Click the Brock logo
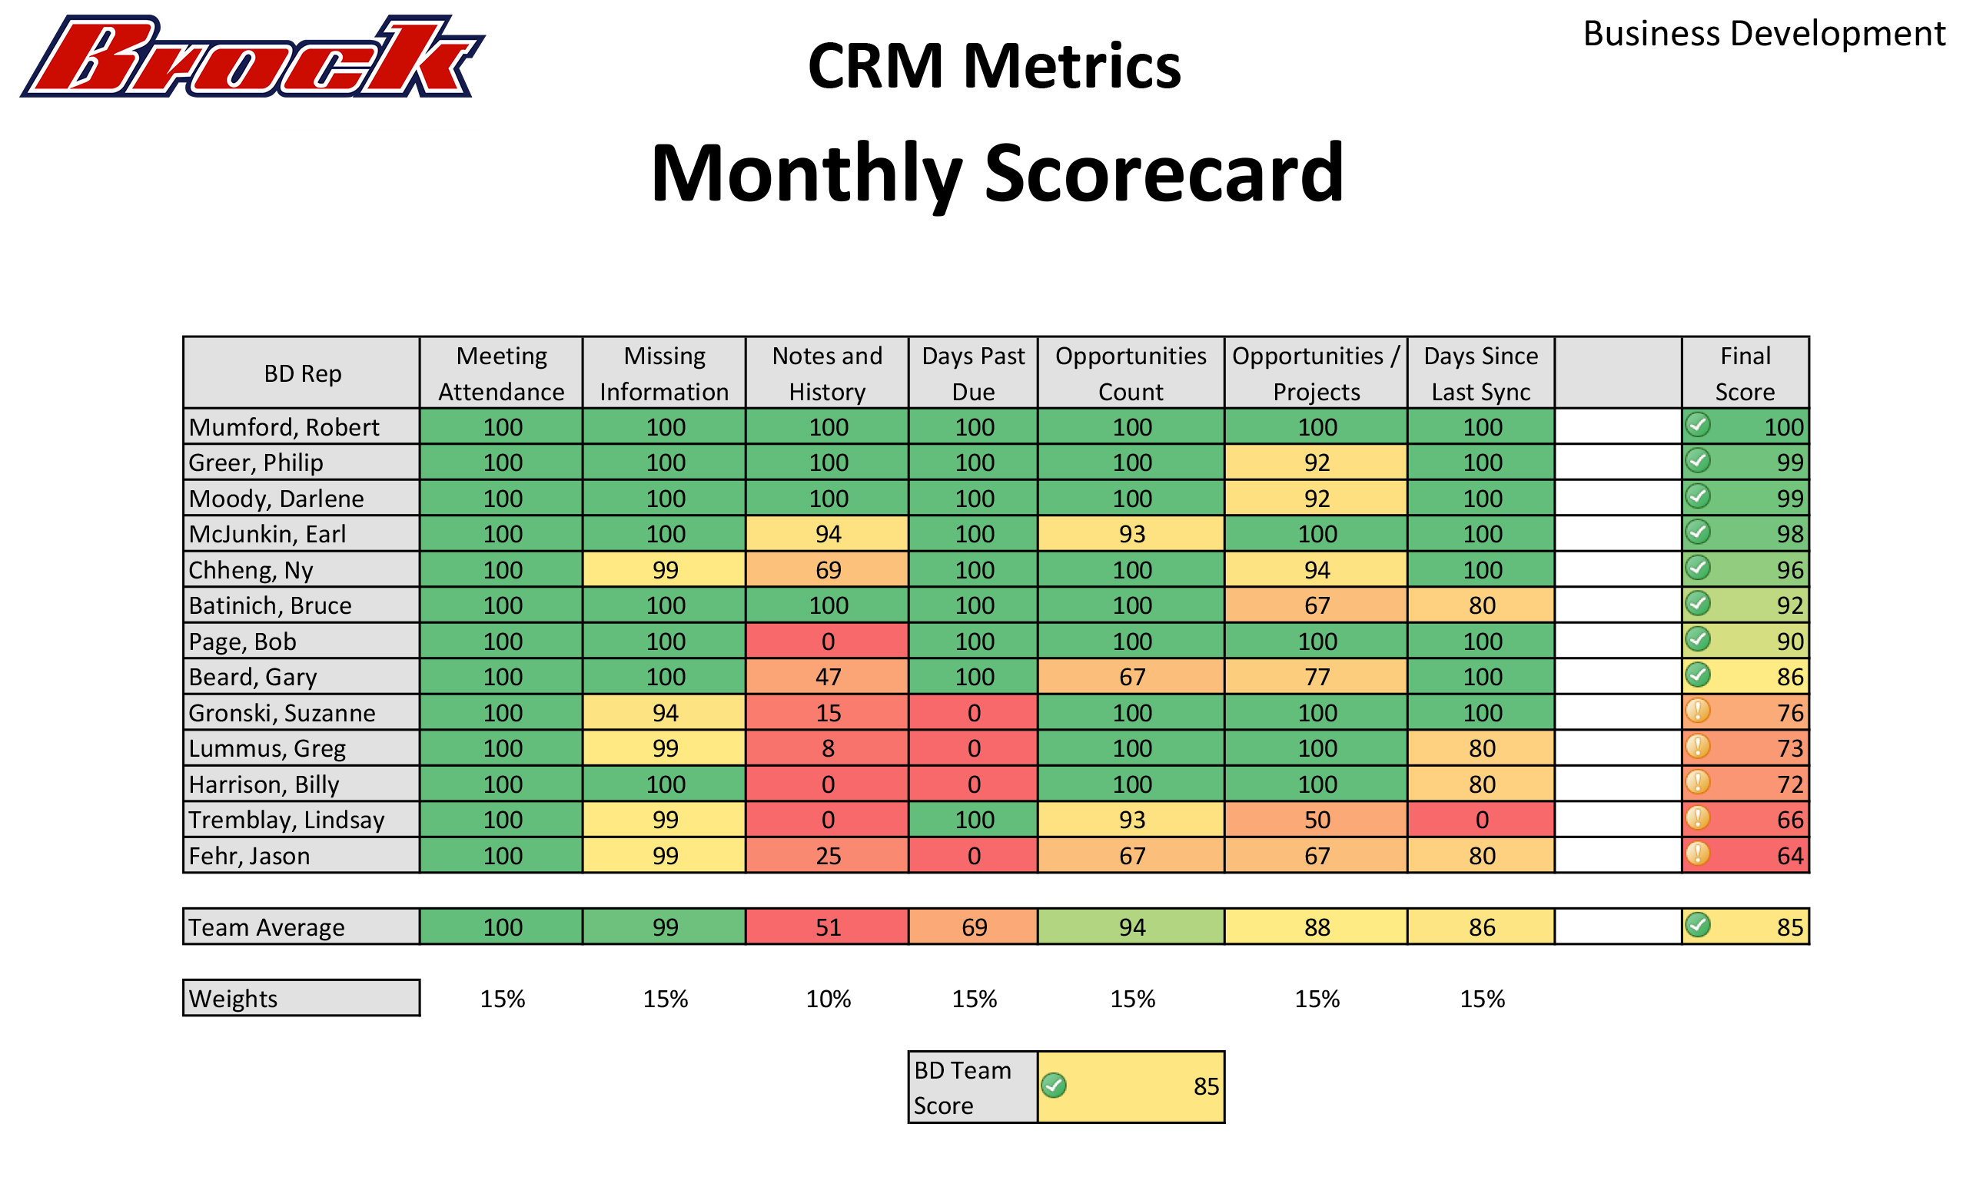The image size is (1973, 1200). (252, 58)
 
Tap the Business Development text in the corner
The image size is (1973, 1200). (1763, 34)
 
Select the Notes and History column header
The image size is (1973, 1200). (827, 373)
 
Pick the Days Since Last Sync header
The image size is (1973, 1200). (1480, 373)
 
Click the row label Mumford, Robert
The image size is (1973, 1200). (284, 427)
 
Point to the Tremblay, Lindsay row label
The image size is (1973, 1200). (287, 820)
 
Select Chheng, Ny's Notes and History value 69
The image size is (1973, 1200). (828, 570)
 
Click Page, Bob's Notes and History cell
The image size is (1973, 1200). (828, 641)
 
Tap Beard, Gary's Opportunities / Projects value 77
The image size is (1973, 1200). (1317, 678)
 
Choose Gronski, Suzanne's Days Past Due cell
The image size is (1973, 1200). (974, 712)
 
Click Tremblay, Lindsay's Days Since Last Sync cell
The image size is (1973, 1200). (1481, 820)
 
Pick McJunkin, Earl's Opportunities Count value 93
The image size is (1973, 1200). (1131, 534)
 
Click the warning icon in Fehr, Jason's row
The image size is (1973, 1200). (1698, 854)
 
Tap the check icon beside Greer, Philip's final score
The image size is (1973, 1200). (1698, 460)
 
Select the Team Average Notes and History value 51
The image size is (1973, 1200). (828, 927)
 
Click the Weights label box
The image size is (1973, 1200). (301, 998)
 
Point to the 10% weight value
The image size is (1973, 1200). (828, 999)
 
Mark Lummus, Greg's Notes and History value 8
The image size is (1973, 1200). (828, 748)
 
